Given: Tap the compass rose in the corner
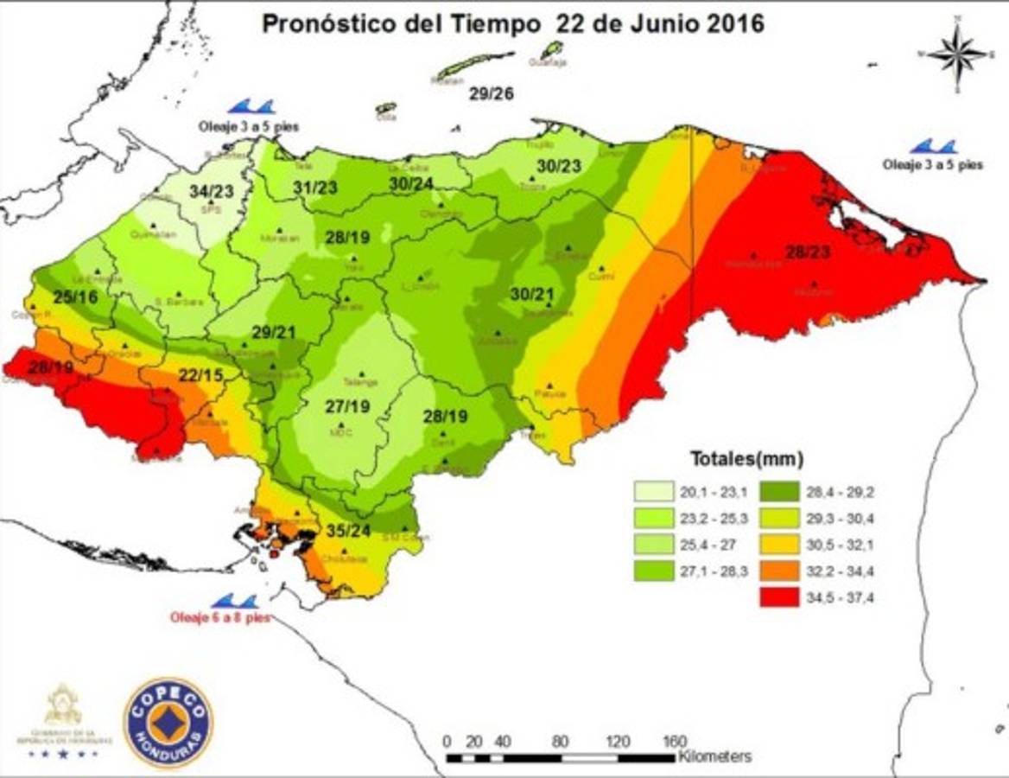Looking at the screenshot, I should click(957, 54).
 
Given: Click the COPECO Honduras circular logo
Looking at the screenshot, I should click(168, 722).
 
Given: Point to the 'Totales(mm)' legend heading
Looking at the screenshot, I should click(746, 458).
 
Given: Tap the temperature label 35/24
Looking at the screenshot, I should click(349, 531).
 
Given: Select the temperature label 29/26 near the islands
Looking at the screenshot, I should click(491, 93).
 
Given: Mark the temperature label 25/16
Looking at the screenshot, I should click(75, 297).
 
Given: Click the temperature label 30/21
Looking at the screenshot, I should click(531, 294).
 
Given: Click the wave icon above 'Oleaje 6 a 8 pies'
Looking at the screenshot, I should click(234, 601).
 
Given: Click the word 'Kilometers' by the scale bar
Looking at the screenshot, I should click(715, 757).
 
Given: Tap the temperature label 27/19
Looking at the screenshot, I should click(348, 406).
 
